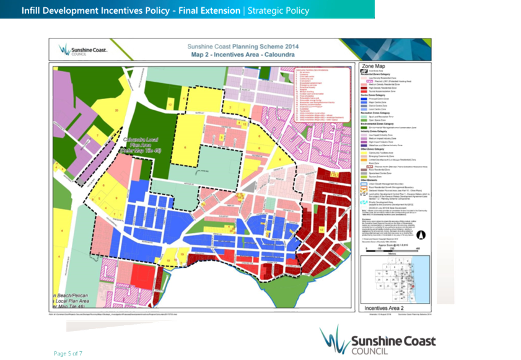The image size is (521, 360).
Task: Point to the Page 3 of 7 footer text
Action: point(68,353)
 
